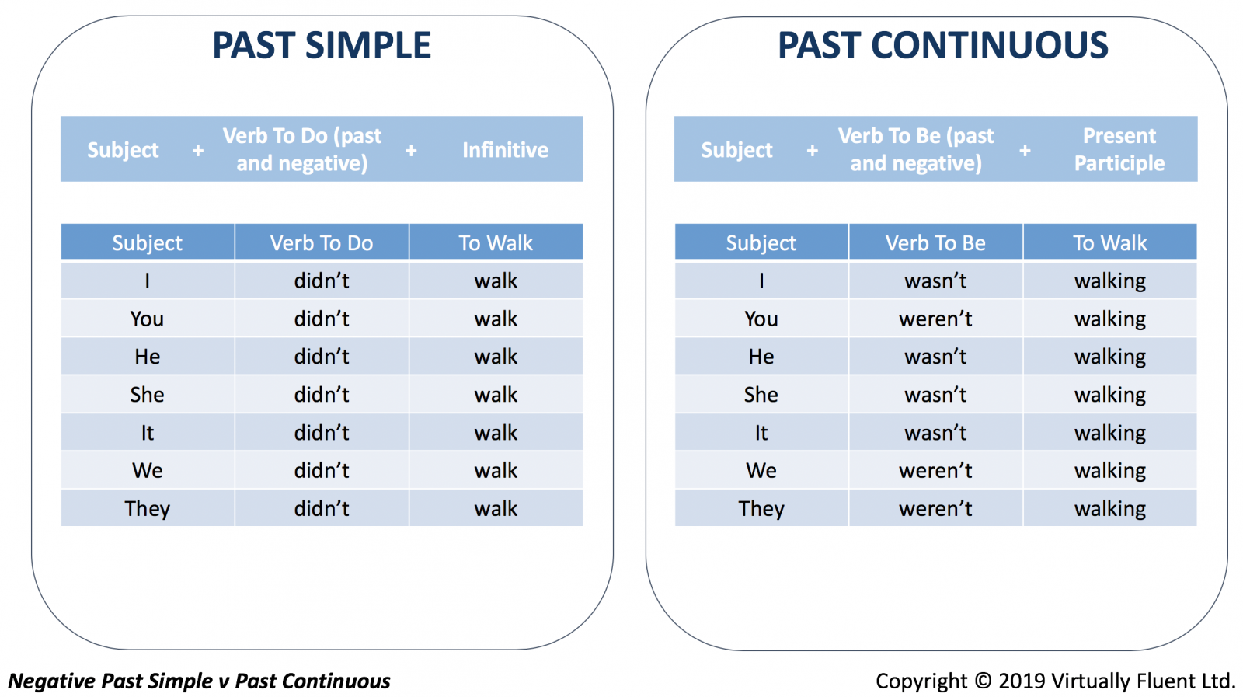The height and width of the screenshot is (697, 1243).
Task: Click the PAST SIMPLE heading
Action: [x=322, y=45]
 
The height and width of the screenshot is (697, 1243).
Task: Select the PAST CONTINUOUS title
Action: [x=943, y=45]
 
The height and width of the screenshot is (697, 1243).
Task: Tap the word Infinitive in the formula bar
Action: [x=505, y=150]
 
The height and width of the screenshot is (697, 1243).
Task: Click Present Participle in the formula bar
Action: [x=1119, y=149]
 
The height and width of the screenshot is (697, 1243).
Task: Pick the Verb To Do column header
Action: [x=322, y=242]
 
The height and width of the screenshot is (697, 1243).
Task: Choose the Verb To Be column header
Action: [x=935, y=242]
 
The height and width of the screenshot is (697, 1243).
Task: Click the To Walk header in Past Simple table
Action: [x=496, y=242]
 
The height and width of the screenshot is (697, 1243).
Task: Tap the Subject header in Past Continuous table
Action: [x=761, y=243]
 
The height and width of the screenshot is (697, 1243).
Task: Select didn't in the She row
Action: [x=322, y=395]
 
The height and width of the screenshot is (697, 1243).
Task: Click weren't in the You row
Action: [x=935, y=319]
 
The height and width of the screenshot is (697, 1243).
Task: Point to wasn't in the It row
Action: [x=935, y=432]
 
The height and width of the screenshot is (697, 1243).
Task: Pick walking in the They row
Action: [x=1110, y=509]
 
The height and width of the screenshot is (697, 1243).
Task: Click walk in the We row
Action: [x=496, y=471]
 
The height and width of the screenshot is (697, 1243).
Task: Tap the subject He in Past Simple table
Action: [x=147, y=356]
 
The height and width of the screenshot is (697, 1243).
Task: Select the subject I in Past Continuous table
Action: [x=761, y=281]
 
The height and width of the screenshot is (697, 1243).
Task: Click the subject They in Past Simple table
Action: [x=147, y=509]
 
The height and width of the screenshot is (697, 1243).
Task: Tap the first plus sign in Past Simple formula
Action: [x=197, y=151]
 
